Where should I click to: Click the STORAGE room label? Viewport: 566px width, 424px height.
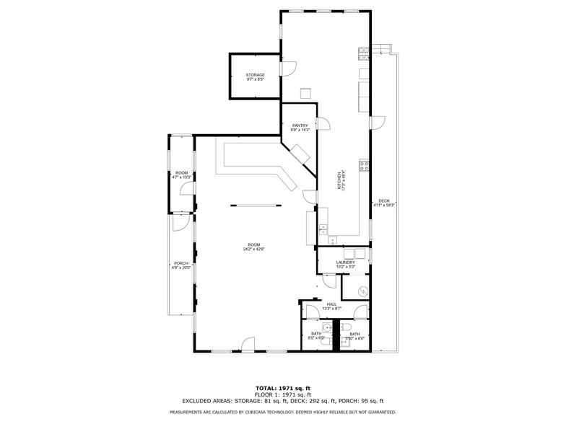tap(255, 75)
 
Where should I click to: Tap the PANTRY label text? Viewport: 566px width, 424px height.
tap(300, 125)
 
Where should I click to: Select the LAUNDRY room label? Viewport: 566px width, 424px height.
tap(345, 262)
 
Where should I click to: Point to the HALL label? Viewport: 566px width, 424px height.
tap(331, 304)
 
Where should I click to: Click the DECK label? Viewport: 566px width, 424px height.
tap(383, 201)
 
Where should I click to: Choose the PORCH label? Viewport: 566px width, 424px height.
tap(180, 263)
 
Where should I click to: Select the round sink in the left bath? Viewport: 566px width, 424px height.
tap(326, 328)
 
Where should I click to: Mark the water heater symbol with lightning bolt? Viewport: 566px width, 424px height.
tap(362, 291)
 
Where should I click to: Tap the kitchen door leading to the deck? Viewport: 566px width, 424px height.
tap(378, 123)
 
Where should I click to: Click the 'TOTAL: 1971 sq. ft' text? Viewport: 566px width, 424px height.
tap(282, 389)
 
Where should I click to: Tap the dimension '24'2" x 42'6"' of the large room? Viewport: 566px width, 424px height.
tap(254, 249)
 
